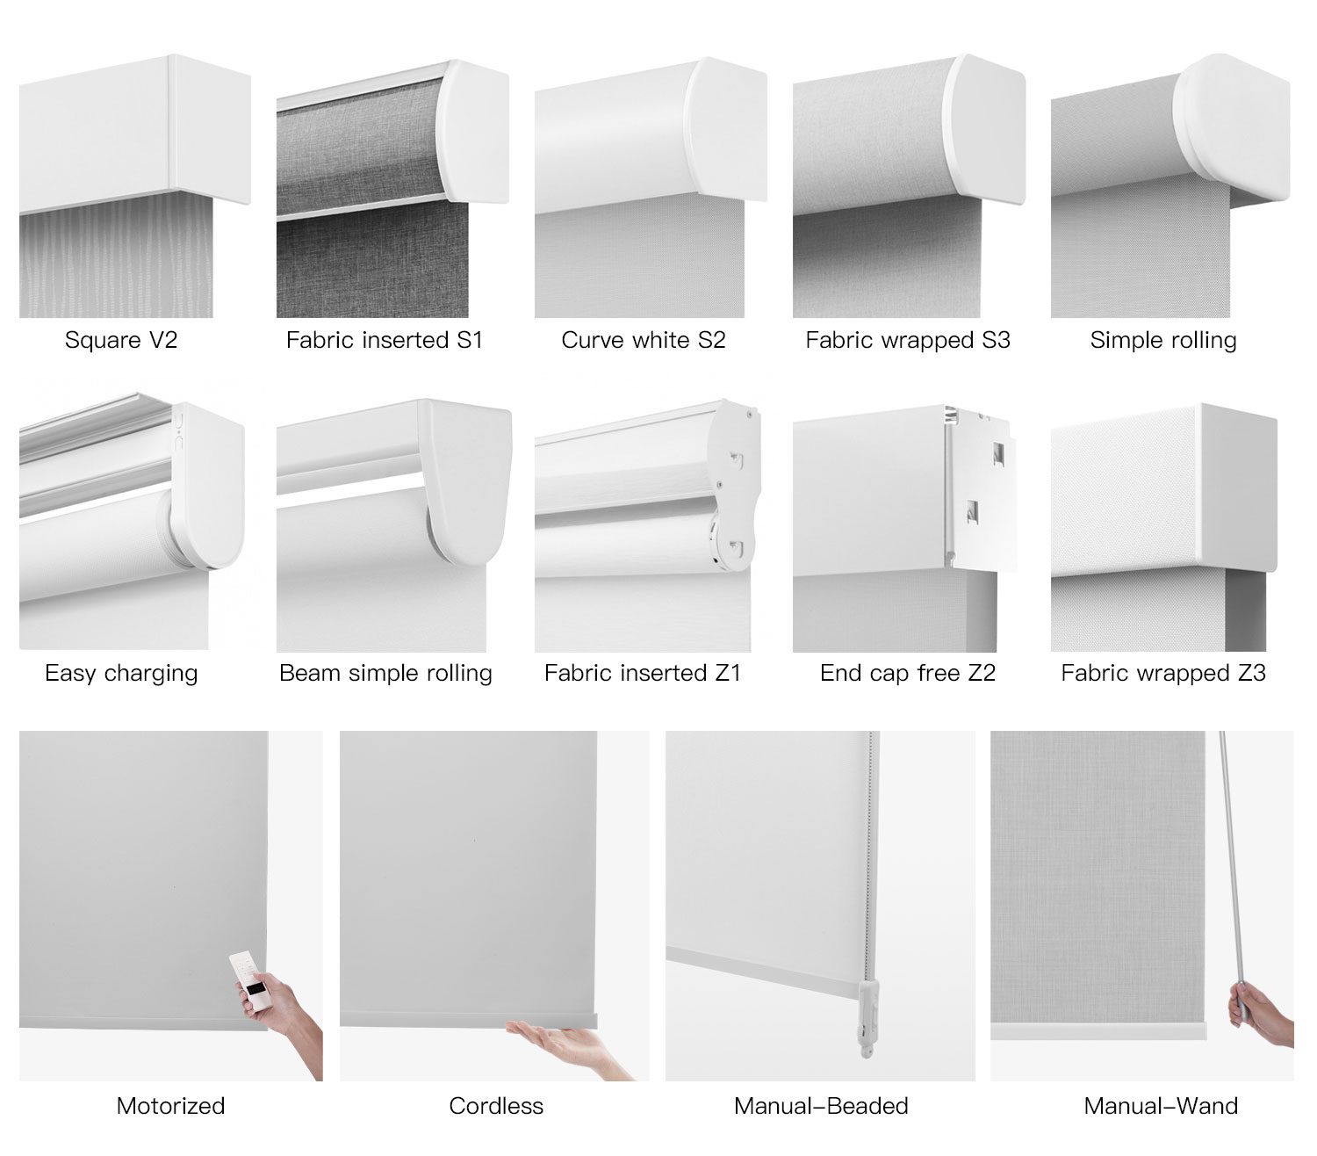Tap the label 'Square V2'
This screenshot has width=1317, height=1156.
(121, 340)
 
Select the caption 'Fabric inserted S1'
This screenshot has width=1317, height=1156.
(385, 340)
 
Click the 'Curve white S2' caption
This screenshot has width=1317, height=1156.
(643, 340)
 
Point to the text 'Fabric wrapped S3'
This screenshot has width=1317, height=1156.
(908, 340)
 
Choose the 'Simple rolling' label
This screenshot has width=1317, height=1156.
(1163, 340)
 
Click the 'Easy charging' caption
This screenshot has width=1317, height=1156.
(121, 673)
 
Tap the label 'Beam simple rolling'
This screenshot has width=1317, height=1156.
(385, 673)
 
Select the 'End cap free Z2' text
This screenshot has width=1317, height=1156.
(908, 673)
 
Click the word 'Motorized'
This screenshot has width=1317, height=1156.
(170, 1106)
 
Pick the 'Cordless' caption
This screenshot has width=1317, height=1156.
(496, 1106)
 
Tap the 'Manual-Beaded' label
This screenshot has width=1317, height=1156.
(821, 1106)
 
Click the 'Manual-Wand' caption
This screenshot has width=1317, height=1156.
(1161, 1106)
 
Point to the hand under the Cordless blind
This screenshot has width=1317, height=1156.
(565, 1044)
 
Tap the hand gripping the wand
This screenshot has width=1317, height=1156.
(1258, 1014)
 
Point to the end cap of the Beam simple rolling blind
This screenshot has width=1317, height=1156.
(467, 481)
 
